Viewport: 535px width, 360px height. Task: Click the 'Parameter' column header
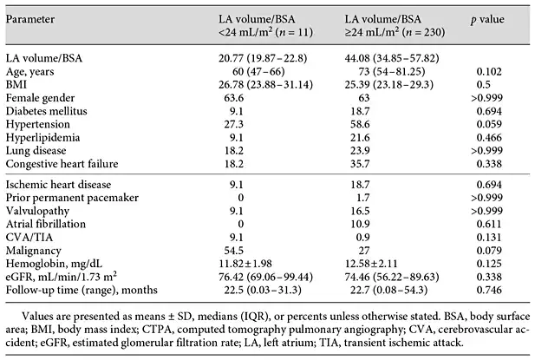(x=30, y=19)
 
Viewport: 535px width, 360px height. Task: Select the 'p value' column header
(x=487, y=20)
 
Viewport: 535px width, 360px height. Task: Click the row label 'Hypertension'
(x=38, y=125)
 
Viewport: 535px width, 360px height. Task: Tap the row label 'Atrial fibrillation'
(x=46, y=224)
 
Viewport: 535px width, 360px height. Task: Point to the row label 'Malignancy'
(x=34, y=251)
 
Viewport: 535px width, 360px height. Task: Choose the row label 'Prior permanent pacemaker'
(x=72, y=198)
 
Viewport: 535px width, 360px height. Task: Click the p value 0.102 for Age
(x=489, y=72)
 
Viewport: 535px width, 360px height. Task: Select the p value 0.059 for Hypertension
(x=489, y=124)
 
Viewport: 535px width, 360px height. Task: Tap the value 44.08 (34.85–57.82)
(x=392, y=58)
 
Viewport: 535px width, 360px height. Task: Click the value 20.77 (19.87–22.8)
(x=263, y=58)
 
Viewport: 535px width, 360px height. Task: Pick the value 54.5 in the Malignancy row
(x=234, y=251)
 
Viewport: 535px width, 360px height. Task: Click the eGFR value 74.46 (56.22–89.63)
(x=392, y=277)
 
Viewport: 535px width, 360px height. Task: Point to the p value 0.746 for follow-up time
(x=489, y=290)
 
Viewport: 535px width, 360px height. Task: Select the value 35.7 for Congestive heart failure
(x=360, y=164)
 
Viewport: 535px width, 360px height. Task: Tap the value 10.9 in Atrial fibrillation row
(x=360, y=224)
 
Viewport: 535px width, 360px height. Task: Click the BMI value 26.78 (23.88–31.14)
(x=266, y=85)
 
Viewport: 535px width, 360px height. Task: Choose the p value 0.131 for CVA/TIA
(x=489, y=237)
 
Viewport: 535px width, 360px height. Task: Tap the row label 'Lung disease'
(x=36, y=151)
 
